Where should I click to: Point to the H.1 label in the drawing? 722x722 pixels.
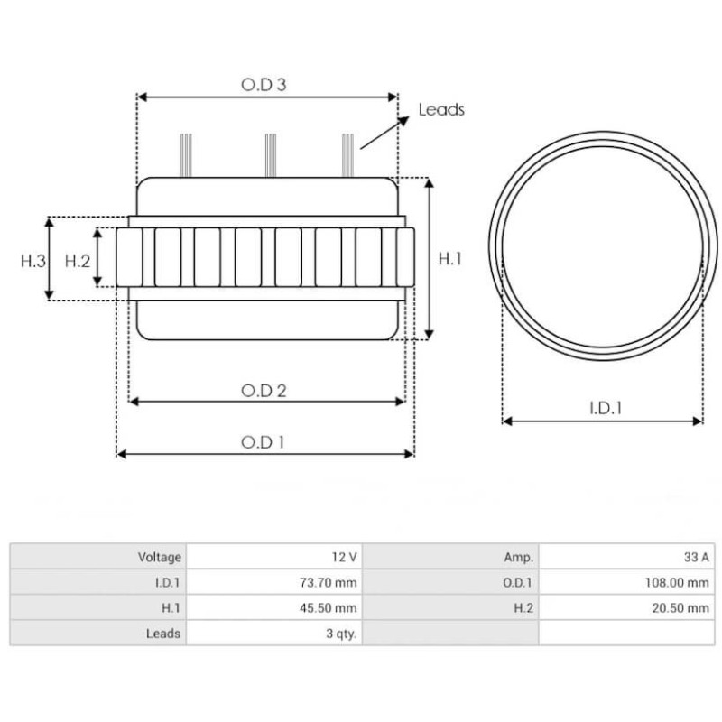click(x=449, y=259)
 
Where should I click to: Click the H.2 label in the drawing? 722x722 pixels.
click(x=79, y=260)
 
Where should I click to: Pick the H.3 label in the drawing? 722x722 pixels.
click(x=32, y=260)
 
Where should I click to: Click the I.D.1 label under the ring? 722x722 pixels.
click(x=606, y=408)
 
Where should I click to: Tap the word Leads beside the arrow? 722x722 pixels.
click(x=441, y=110)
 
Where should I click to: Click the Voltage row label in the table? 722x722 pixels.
click(x=160, y=558)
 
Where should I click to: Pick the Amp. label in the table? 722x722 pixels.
click(x=517, y=558)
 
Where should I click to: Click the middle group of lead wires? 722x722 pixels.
click(x=268, y=154)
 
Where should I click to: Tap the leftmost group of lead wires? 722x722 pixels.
click(x=186, y=154)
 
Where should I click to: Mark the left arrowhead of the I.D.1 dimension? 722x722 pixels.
click(x=506, y=421)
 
